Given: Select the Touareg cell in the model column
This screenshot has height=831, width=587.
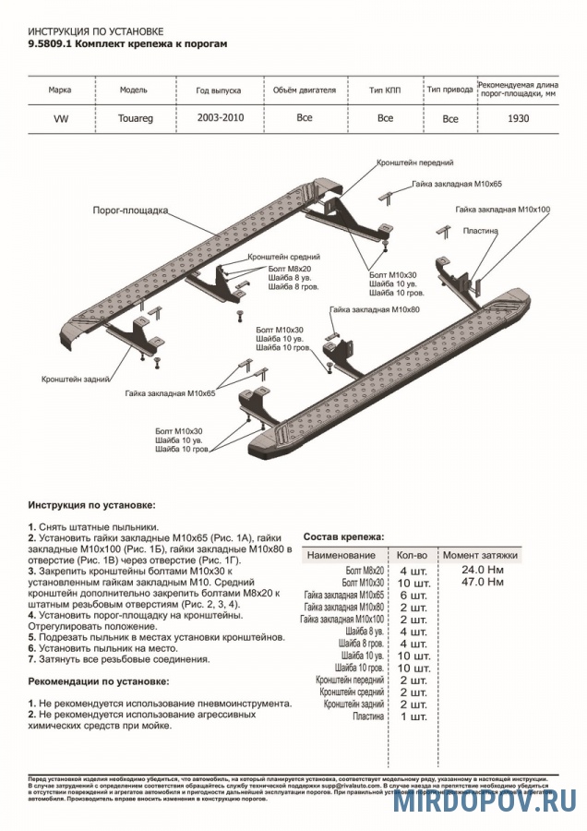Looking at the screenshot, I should point(137,118).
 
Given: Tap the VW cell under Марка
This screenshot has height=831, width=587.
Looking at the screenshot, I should point(60,118).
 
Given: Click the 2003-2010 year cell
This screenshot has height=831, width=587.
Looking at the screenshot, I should point(219,118).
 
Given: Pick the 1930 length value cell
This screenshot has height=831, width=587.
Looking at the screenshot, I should point(519,118).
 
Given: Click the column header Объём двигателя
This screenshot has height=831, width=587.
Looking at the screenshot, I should point(304,90).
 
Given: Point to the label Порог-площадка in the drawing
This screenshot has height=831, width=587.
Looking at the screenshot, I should point(130,211).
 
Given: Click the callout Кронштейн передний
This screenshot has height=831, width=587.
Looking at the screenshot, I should point(414,162).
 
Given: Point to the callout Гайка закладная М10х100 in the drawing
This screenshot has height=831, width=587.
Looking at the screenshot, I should point(503,210).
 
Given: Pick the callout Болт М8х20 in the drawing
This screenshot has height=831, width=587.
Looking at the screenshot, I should point(293,268).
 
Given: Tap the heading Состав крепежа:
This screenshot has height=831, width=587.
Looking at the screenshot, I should point(344,536).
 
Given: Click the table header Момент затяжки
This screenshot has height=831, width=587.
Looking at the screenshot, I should point(480,555).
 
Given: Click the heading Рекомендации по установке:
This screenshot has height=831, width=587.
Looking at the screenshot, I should point(99,680).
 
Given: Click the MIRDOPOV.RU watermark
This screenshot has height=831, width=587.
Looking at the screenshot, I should point(485,802).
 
